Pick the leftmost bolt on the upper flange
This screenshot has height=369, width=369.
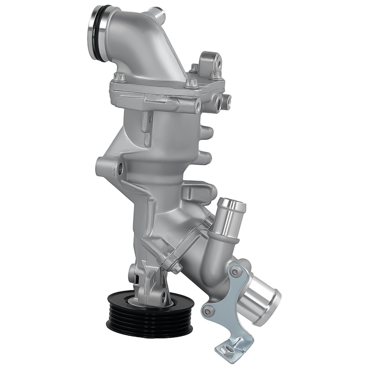tap(118, 77)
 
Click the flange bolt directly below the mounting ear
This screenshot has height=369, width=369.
tap(215, 75)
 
